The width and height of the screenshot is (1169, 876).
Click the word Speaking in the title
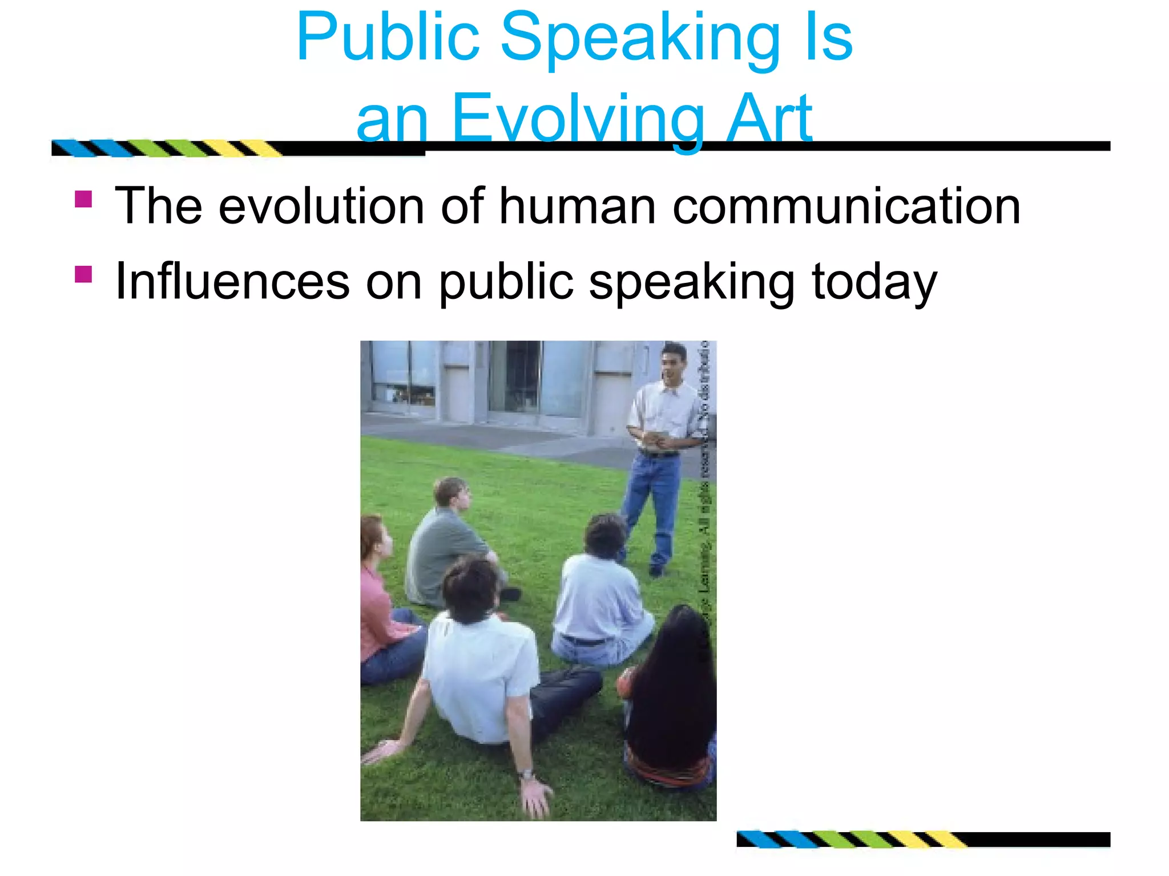(639, 39)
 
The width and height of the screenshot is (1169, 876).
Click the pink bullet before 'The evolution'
(83, 198)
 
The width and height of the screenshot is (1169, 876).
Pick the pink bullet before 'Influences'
(83, 274)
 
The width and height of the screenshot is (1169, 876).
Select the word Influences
(232, 281)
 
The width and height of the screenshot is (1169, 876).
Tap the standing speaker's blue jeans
(651, 502)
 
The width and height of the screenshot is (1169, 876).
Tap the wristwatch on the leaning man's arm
(526, 775)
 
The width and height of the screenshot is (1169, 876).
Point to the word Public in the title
(388, 38)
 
